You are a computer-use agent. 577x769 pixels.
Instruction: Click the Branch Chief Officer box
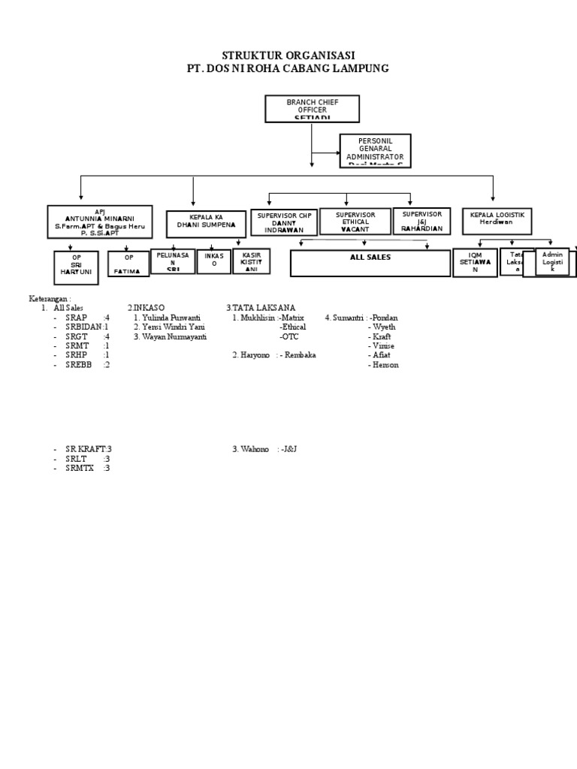(312, 109)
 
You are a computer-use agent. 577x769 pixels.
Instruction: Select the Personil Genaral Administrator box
(375, 151)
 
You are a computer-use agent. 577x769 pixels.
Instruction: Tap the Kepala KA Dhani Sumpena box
(206, 224)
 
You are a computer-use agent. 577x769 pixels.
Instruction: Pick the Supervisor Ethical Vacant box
(355, 222)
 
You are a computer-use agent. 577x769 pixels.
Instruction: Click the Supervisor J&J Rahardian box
(421, 222)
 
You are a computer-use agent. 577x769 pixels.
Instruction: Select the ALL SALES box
(370, 263)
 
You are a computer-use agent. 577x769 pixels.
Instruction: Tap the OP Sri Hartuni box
(76, 267)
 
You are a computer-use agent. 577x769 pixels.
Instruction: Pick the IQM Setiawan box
(474, 263)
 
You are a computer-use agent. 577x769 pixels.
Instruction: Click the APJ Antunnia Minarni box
(99, 223)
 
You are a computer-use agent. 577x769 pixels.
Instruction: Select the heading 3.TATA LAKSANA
(261, 308)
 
